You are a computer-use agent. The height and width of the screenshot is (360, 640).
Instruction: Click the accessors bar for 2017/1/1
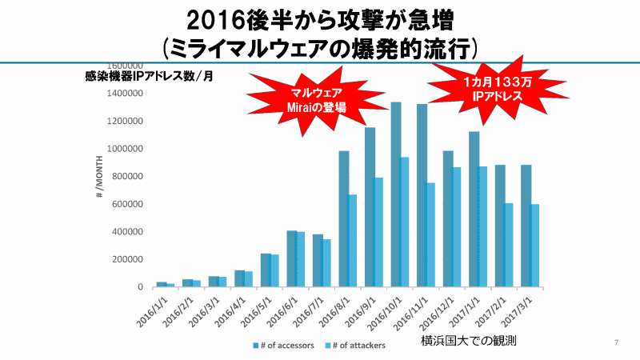pos(474,209)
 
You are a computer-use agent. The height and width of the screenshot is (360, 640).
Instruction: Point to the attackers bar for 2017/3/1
pos(534,245)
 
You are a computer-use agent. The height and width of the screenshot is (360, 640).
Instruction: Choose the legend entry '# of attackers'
pos(357,346)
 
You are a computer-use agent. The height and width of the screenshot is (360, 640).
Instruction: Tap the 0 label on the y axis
pos(140,286)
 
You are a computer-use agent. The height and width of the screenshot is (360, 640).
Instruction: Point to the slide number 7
pos(616,343)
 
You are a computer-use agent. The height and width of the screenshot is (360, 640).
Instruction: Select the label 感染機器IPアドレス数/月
pos(148,77)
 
